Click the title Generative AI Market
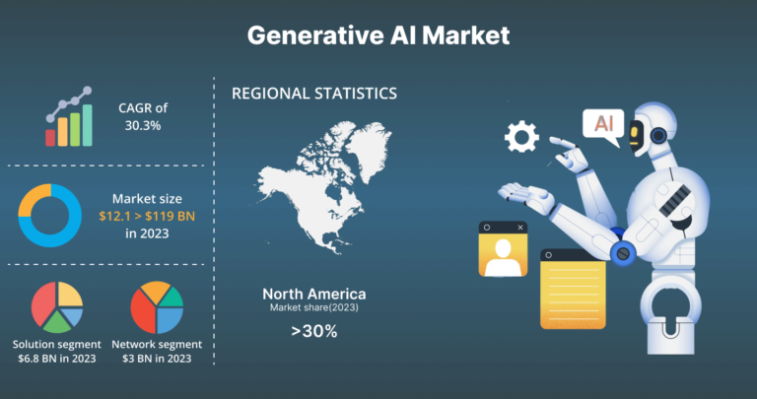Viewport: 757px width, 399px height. (x=378, y=35)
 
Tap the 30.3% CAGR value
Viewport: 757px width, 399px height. (x=143, y=125)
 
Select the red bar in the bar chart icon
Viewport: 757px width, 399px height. (x=50, y=138)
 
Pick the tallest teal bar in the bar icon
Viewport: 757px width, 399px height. (x=88, y=125)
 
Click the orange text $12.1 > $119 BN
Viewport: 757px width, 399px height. (x=147, y=216)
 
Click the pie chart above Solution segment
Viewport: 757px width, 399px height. (x=57, y=307)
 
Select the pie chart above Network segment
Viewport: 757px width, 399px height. (x=157, y=307)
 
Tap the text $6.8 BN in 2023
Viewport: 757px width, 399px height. (x=57, y=359)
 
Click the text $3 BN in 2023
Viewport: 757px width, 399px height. (x=157, y=359)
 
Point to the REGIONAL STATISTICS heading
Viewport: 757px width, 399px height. (x=314, y=94)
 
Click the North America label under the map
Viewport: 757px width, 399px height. (x=314, y=294)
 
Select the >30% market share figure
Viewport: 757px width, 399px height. (x=314, y=331)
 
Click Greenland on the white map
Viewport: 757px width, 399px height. (x=370, y=147)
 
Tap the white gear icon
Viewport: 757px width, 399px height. (x=521, y=137)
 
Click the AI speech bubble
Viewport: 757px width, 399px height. (x=603, y=125)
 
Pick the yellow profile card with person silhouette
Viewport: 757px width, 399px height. (x=503, y=249)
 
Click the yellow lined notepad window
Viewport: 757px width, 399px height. (x=573, y=289)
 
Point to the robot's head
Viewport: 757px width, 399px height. (x=651, y=128)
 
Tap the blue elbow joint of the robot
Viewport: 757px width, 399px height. (x=623, y=253)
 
